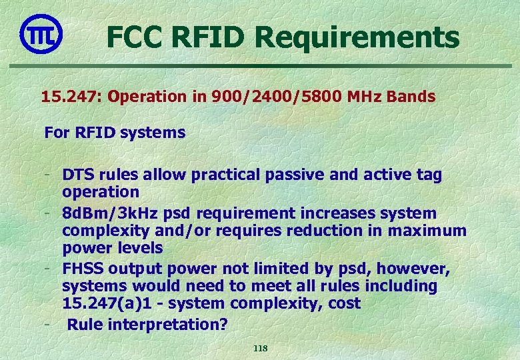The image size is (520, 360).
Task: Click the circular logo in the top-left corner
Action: click(41, 33)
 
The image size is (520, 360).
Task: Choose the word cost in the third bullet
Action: click(345, 304)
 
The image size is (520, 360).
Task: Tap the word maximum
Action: click(431, 231)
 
